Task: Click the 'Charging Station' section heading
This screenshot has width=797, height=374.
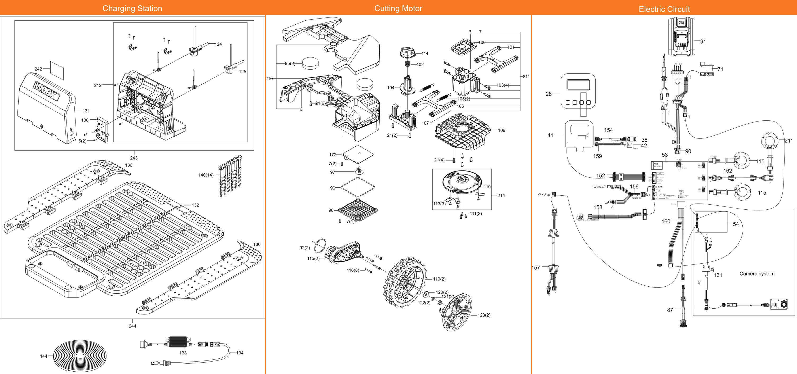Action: coord(132,8)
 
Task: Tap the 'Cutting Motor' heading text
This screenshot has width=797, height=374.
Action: coord(398,8)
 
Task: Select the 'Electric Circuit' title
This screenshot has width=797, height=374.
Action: coord(664,9)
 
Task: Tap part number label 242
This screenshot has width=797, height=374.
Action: coord(38,69)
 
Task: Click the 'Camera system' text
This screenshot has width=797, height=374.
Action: coord(757,273)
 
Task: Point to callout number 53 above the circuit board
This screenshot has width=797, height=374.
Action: coord(665,155)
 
